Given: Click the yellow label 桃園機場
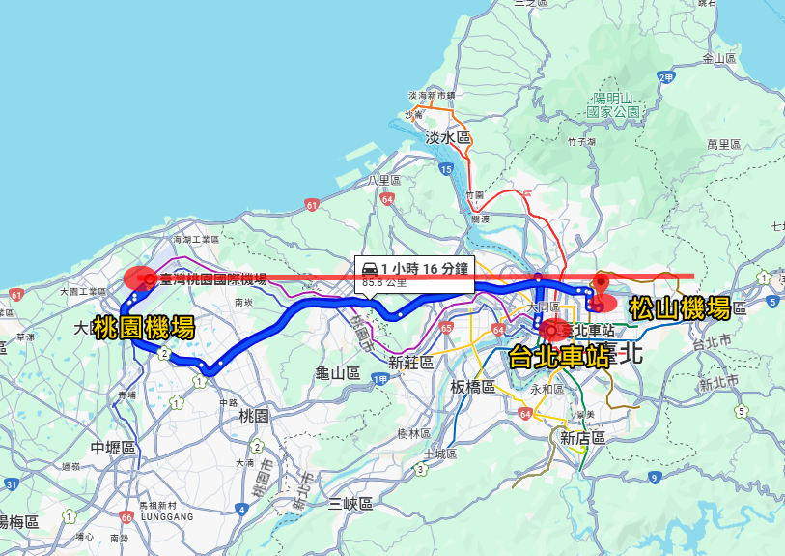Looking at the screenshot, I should (144, 328).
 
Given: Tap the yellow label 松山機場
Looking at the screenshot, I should (680, 308).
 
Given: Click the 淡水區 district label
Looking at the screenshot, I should (448, 138).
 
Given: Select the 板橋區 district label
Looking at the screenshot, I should (472, 387).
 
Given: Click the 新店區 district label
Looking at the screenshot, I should (582, 438).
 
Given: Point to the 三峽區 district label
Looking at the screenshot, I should (350, 503).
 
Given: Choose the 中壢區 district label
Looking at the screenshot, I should (113, 448).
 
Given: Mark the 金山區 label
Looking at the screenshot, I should (719, 58).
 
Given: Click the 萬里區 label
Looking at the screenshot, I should (723, 144).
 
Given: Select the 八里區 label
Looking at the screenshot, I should (383, 181).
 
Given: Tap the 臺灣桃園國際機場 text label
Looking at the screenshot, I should (213, 279).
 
